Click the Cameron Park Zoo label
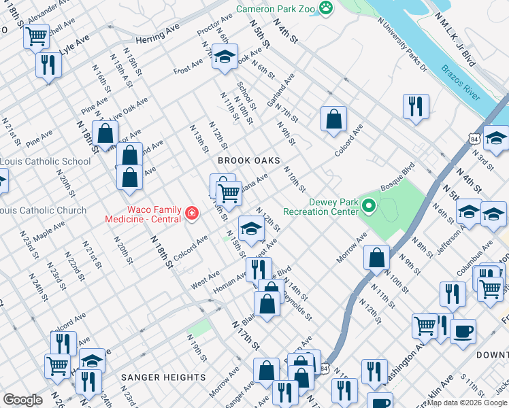pos(276,9)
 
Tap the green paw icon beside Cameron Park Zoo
pos(327,8)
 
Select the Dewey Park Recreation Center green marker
pos(369,205)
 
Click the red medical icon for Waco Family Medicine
pos(192,215)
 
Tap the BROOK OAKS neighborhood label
pos(249,160)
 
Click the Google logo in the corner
pos(22,400)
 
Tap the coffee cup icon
pos(463,331)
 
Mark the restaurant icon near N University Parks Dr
pos(415,106)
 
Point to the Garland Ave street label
pos(280,89)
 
